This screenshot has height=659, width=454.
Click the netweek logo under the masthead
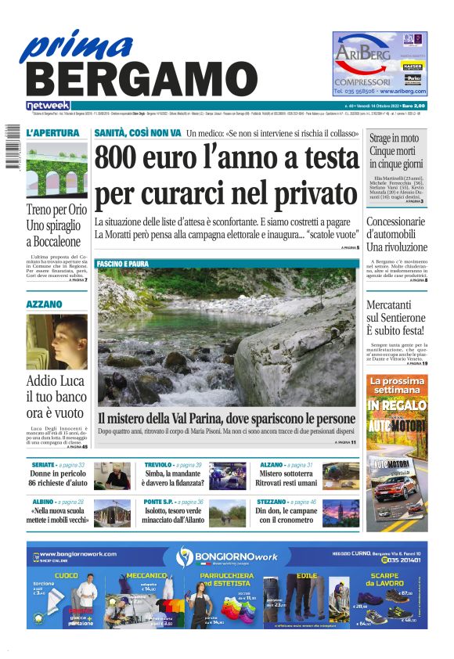[x=48, y=105]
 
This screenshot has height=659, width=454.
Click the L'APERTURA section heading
[x=52, y=132]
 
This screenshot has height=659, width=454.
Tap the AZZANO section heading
[x=44, y=303]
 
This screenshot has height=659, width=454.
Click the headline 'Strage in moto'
[x=395, y=139]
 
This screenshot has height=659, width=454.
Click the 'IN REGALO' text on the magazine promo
[x=397, y=405]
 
